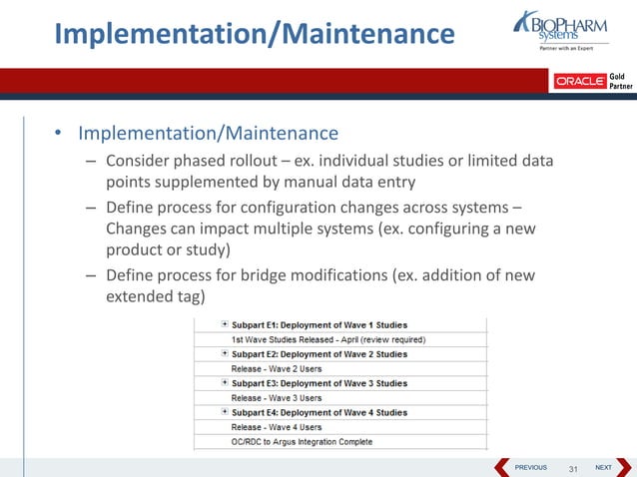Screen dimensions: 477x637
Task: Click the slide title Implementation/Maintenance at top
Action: tap(254, 34)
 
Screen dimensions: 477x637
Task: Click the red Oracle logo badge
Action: tap(580, 82)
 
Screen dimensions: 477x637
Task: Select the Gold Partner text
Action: tap(620, 80)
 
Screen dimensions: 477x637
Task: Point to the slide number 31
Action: tap(573, 468)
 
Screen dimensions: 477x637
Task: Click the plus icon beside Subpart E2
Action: tap(225, 353)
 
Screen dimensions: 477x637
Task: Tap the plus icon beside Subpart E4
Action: tap(225, 412)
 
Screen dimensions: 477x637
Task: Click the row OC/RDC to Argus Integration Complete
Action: tap(302, 441)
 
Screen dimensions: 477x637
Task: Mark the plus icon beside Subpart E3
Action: tap(225, 383)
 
